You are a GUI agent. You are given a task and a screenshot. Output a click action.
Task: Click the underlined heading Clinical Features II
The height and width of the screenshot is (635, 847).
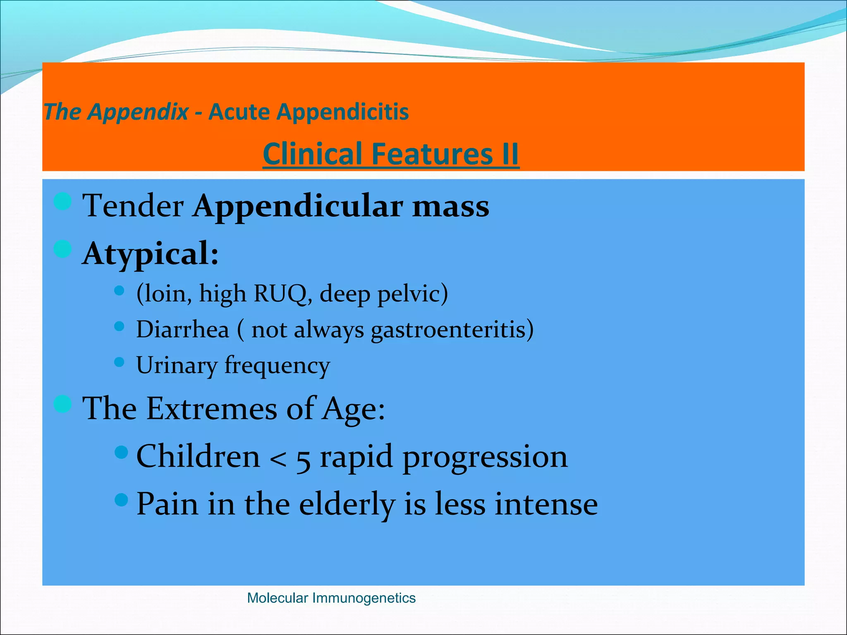(390, 154)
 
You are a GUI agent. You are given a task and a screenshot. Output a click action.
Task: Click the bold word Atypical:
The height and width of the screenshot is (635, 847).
(151, 253)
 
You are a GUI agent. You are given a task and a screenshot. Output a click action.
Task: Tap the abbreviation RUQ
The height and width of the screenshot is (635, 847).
(280, 294)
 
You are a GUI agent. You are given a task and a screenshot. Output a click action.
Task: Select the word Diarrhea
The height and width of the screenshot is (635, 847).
(182, 329)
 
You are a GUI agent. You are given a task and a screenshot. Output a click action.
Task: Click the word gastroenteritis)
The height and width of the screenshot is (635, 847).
(452, 330)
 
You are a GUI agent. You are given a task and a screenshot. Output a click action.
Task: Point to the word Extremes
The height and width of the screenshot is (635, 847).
(211, 408)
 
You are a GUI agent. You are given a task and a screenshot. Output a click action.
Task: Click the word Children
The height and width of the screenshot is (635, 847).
(198, 456)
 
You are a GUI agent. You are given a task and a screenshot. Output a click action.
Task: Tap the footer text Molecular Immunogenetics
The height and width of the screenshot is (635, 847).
(331, 598)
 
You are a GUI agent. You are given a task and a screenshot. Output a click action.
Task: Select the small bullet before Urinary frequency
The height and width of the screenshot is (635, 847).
(119, 362)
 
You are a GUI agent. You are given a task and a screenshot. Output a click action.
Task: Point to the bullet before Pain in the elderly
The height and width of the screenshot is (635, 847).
(121, 500)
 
